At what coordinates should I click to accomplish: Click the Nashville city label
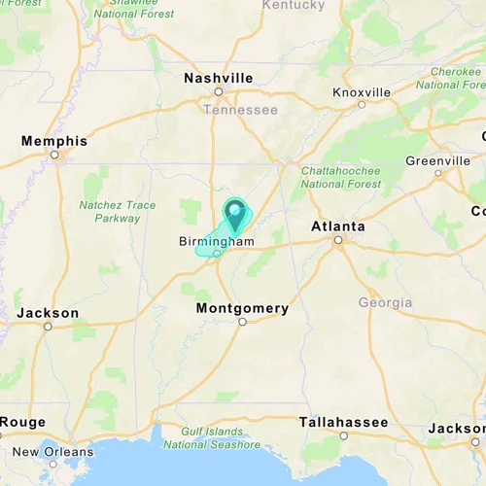[219, 78]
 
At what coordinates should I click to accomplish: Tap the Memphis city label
[54, 141]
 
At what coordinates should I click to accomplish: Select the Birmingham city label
[216, 241]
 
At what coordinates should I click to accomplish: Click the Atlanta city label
[338, 226]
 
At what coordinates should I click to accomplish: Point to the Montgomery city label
[242, 308]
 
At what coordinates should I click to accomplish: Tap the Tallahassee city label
[343, 422]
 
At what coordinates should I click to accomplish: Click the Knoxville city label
[362, 92]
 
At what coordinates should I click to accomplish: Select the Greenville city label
[437, 160]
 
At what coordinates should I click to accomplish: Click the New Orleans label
[53, 451]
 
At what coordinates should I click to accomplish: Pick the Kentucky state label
[294, 5]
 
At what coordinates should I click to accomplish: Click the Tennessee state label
[240, 109]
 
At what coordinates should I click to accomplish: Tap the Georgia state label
[385, 302]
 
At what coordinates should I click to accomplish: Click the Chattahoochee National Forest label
[340, 176]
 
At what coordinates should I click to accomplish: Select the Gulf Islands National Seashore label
[212, 437]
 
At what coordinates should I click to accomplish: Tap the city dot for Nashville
[219, 91]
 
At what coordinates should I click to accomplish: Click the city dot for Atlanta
[338, 239]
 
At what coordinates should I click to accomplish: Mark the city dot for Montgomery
[242, 322]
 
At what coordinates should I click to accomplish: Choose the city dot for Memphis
[54, 154]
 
